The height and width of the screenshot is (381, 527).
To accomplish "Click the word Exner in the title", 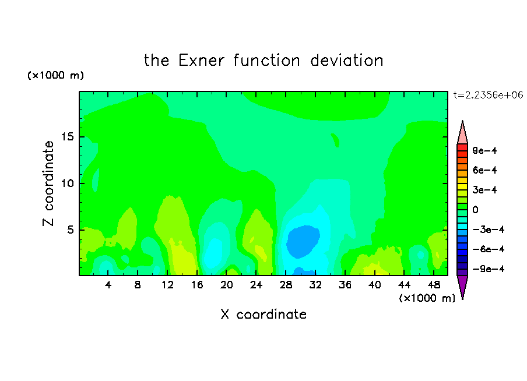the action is (x=201, y=61).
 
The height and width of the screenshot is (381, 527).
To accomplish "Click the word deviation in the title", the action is (x=346, y=61).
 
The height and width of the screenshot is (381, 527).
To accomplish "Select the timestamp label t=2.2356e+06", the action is (x=488, y=95).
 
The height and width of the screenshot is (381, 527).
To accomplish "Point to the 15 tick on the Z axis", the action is (x=67, y=137).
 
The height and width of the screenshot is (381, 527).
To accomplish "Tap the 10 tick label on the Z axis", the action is (x=67, y=184).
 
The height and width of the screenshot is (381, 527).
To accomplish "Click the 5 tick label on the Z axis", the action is (x=70, y=230).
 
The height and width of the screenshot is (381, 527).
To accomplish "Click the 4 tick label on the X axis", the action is (x=108, y=285).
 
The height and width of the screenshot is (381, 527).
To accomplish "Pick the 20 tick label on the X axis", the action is (x=227, y=285).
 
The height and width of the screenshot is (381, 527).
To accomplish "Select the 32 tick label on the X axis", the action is (x=315, y=285).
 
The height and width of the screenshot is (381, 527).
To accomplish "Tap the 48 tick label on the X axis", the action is (x=434, y=285).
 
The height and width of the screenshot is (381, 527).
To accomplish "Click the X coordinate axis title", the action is (x=263, y=315).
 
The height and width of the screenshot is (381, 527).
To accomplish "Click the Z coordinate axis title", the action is (x=48, y=184).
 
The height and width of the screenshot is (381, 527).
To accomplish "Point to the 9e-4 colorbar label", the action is (x=484, y=150).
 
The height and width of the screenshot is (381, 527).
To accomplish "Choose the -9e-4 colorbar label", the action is (x=489, y=269).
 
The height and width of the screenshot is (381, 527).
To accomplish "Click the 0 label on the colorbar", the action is (x=475, y=210).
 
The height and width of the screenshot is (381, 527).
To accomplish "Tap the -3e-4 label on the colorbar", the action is (x=489, y=230).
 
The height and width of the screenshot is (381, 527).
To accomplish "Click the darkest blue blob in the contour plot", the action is (x=303, y=242).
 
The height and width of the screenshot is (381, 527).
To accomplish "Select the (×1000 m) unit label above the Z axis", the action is (x=55, y=75).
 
